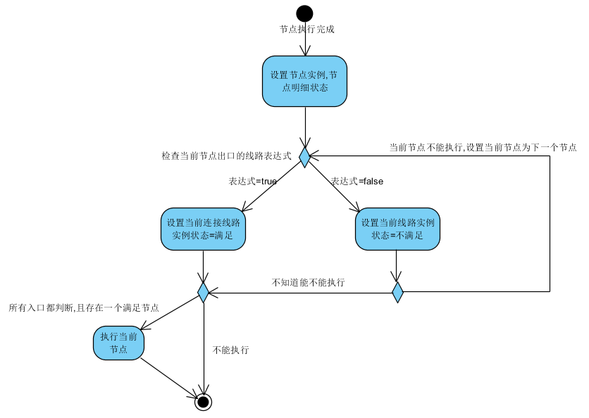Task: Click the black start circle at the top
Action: [304, 13]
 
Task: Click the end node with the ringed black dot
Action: [204, 402]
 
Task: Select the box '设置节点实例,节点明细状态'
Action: [304, 81]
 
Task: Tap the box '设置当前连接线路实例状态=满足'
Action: [203, 229]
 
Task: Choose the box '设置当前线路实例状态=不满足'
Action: [397, 229]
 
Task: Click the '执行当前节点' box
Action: [118, 342]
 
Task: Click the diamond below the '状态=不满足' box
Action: [397, 291]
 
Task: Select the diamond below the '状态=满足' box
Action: [203, 291]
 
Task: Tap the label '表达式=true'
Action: [252, 181]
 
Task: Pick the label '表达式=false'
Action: [356, 181]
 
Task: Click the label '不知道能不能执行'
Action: [308, 283]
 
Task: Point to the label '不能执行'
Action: [230, 350]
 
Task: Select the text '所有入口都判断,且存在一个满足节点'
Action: [83, 308]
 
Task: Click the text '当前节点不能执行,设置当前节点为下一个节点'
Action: [483, 148]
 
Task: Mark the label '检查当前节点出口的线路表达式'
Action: [226, 156]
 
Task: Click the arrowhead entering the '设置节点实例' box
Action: [305, 51]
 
